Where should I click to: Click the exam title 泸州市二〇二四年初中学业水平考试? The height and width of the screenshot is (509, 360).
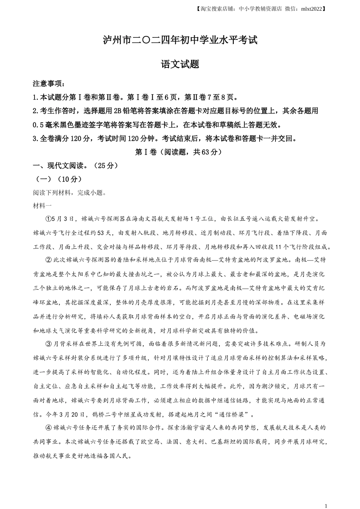pyautogui.click(x=180, y=40)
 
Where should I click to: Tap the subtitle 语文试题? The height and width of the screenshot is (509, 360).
pyautogui.click(x=180, y=64)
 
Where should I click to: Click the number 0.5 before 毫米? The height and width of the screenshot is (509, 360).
pyautogui.click(x=39, y=125)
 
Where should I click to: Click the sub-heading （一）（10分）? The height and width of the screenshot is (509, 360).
pyautogui.click(x=58, y=179)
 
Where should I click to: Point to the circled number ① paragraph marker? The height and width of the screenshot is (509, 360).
pyautogui.click(x=48, y=219)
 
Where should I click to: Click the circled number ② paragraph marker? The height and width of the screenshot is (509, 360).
pyautogui.click(x=48, y=260)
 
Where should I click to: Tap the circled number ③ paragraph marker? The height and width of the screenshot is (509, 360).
pyautogui.click(x=48, y=344)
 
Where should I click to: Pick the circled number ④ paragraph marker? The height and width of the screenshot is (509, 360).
pyautogui.click(x=48, y=428)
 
